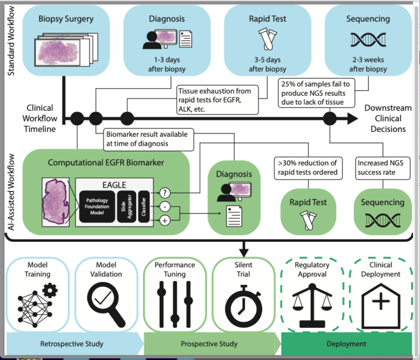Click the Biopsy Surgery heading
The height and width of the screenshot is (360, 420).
click(66, 19)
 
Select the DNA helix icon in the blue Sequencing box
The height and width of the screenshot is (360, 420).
click(367, 40)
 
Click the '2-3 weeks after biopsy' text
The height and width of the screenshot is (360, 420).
click(367, 65)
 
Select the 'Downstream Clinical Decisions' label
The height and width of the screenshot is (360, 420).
click(385, 118)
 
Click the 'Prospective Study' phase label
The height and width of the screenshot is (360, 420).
click(209, 344)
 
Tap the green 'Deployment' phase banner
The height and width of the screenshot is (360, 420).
click(346, 344)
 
